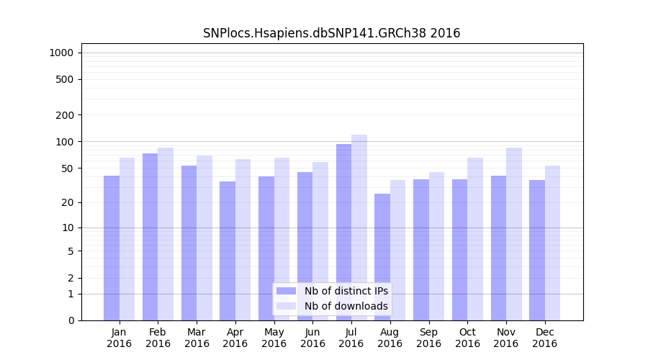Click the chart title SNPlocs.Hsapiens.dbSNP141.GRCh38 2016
pos(331,33)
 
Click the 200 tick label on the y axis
pos(65,115)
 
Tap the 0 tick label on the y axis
pos(71,320)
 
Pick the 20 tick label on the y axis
pos(68,202)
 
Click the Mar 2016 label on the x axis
pos(197,338)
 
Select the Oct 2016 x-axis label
pos(467,338)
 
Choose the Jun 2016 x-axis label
pos(312,338)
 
